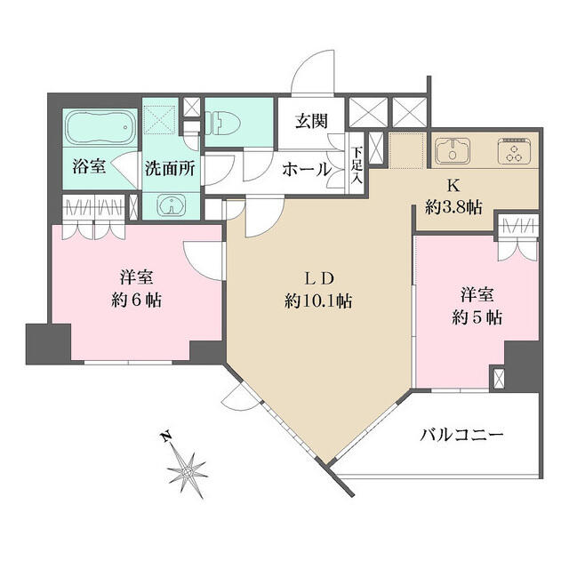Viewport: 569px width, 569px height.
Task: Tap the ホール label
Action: (x=306, y=168)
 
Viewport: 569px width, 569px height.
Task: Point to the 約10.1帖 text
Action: (x=318, y=301)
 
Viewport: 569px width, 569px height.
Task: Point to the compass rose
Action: (x=188, y=467)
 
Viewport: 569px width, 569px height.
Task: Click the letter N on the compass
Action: (x=164, y=437)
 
